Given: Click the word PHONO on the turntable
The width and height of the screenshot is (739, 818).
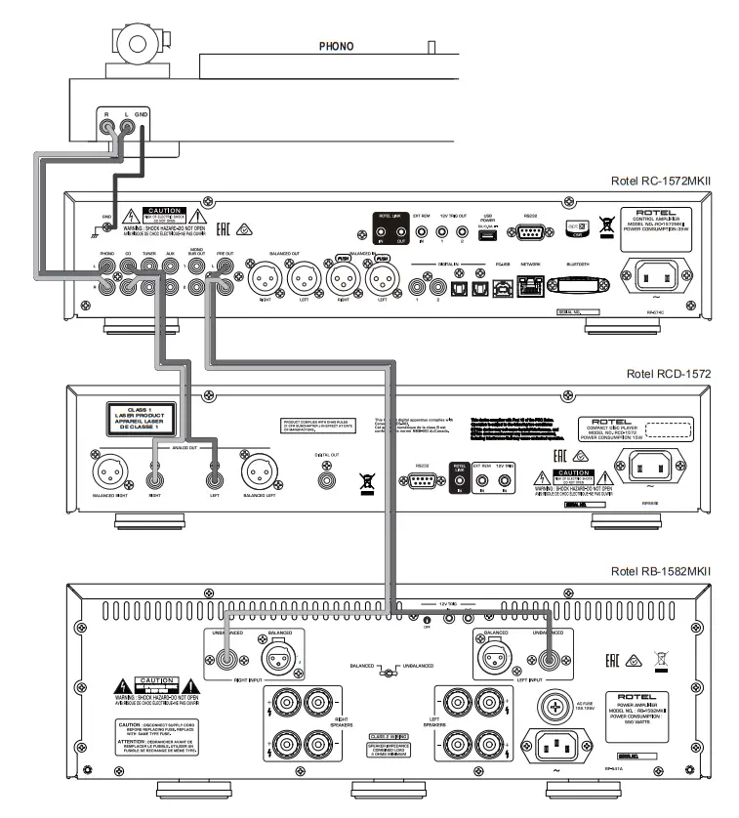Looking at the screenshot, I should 336,46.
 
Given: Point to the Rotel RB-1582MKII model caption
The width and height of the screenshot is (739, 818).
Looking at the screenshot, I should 661,571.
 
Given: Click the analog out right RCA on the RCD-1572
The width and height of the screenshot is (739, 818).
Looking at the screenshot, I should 155,477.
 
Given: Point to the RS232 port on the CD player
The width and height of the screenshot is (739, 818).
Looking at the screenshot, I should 422,484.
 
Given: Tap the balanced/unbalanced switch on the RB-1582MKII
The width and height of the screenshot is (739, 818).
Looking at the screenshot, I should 390,671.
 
